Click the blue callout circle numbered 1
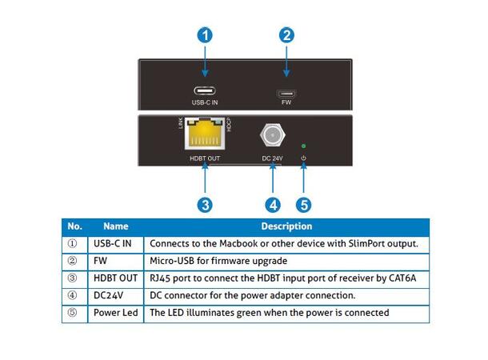click(206, 35)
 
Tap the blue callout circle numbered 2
click(286, 35)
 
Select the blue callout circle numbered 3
click(206, 205)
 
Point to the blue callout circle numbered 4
click(274, 205)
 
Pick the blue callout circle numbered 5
click(303, 205)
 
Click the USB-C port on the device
click(206, 91)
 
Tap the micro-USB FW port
click(286, 92)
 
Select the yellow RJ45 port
click(205, 136)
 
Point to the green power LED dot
click(303, 146)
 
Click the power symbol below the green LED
click(303, 158)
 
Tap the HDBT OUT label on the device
click(205, 158)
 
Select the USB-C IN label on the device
click(206, 102)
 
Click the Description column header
click(286, 226)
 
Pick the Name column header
click(115, 226)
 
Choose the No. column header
click(74, 226)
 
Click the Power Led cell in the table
click(115, 313)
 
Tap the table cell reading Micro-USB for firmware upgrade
click(218, 261)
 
